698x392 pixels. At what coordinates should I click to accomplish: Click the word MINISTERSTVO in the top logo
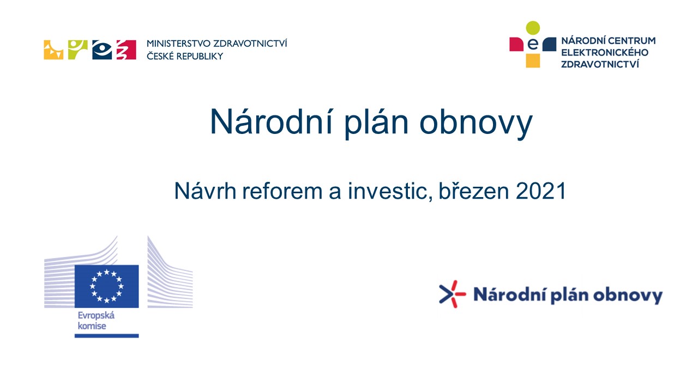(178, 44)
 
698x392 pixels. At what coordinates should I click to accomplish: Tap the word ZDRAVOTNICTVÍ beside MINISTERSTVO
(250, 43)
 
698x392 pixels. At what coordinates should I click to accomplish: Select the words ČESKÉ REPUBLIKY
(185, 56)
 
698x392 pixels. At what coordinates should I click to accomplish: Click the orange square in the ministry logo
(53, 50)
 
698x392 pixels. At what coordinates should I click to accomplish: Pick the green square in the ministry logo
(77, 50)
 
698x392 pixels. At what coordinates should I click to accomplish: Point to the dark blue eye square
(102, 50)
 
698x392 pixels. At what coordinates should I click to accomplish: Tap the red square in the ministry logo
(126, 50)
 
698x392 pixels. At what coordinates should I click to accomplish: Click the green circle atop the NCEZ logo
(533, 28)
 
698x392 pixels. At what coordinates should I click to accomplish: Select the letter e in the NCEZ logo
(533, 44)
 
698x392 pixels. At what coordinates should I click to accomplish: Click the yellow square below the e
(533, 60)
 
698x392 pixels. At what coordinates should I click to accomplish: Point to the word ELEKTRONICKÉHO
(605, 52)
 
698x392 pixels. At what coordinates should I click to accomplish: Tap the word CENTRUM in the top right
(632, 41)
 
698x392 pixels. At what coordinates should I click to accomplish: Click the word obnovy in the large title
(476, 122)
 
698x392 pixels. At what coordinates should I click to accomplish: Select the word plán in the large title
(376, 122)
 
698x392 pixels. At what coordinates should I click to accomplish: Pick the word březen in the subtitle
(474, 191)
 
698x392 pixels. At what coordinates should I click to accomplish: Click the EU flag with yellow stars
(106, 286)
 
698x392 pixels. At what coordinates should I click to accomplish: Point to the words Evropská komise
(96, 321)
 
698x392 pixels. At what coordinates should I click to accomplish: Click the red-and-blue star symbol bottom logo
(452, 294)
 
